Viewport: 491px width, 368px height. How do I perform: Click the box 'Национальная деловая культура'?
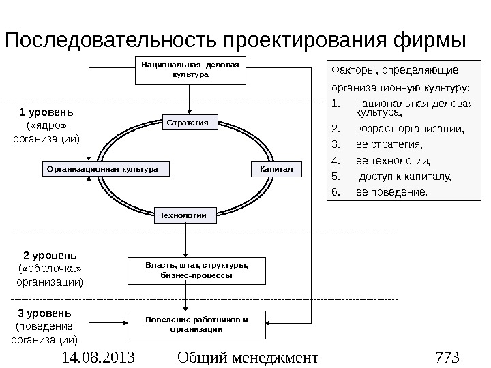[x=190, y=70]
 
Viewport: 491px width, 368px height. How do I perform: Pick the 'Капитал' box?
[x=276, y=168]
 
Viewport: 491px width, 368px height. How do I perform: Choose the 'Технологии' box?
[x=182, y=215]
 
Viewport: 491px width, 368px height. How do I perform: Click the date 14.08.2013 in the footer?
[x=97, y=356]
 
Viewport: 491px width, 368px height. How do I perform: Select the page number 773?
[x=448, y=356]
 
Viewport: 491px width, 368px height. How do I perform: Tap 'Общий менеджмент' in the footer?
[x=247, y=356]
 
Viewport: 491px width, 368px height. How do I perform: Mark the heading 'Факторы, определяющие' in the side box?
[x=394, y=70]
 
